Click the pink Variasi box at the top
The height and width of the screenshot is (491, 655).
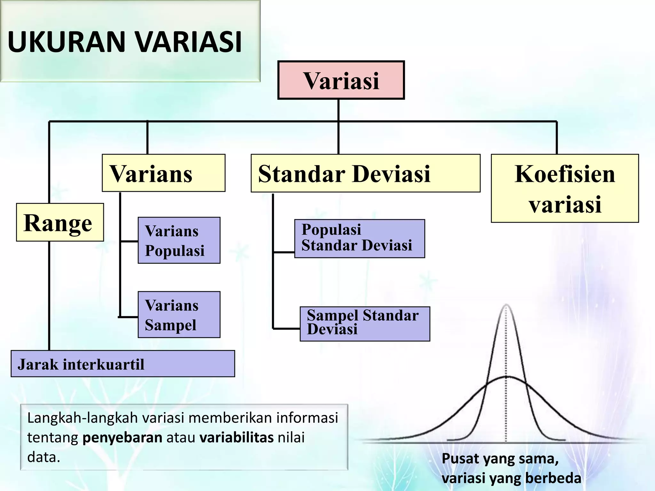(341, 80)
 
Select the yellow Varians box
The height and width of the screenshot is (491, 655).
(163, 173)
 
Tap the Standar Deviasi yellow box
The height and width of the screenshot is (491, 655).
(365, 173)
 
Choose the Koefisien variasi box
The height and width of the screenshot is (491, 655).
(564, 188)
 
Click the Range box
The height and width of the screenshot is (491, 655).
(60, 222)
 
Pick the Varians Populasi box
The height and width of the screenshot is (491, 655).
(179, 240)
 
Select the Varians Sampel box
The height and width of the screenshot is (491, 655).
(179, 315)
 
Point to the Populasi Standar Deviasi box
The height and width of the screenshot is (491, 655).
(359, 238)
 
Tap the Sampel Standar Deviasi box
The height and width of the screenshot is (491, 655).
(365, 324)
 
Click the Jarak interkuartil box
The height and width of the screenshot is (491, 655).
(122, 364)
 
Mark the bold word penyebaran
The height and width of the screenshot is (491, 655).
(122, 437)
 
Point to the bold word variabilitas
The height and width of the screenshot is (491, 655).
(236, 437)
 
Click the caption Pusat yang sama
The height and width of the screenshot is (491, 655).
(500, 459)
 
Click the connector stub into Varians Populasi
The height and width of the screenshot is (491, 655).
(129, 241)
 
